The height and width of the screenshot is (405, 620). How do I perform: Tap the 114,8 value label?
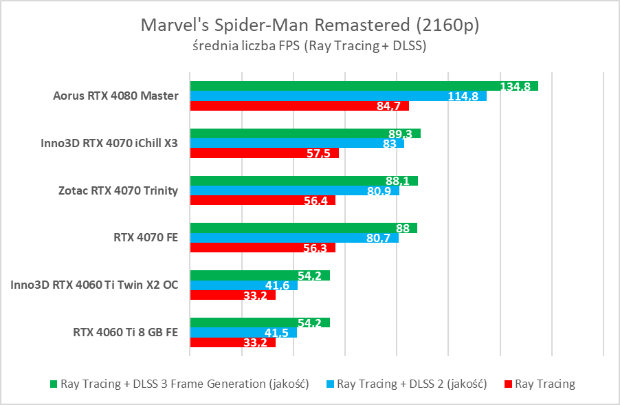(463, 96)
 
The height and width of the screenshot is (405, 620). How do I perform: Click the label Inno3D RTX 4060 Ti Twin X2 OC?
(95, 285)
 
